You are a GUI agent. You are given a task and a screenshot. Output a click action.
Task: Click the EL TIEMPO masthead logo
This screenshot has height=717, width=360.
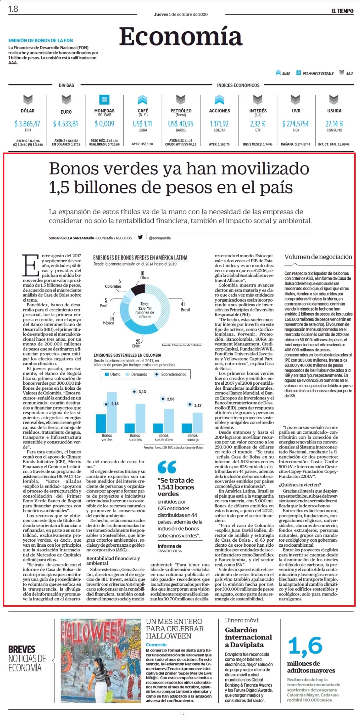pyautogui.click(x=342, y=11)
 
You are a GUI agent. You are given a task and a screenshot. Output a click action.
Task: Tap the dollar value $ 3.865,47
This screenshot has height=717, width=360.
pyautogui.click(x=27, y=124)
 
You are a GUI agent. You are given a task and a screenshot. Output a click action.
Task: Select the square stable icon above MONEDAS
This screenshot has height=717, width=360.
pyautogui.click(x=104, y=100)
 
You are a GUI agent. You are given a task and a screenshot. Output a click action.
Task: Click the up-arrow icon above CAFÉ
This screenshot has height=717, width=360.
pyautogui.click(x=143, y=100)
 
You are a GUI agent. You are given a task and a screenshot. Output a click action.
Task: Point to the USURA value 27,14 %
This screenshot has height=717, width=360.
pyautogui.click(x=334, y=124)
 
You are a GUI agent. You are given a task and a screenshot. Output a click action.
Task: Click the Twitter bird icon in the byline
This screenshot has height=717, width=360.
pyautogui.click(x=140, y=237)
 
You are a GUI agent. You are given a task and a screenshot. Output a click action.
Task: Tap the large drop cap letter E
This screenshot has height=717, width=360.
pyautogui.click(x=31, y=265)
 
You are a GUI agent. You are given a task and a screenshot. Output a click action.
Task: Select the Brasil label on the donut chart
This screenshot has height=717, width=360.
pyautogui.click(x=185, y=310)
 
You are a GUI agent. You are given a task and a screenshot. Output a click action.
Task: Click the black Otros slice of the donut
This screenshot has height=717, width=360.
pyautogui.click(x=137, y=290)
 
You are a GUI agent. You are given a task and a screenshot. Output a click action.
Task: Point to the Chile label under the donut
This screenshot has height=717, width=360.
pyautogui.click(x=136, y=346)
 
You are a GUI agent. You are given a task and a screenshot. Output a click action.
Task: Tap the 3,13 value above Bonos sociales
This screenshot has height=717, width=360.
pyautogui.click(x=142, y=392)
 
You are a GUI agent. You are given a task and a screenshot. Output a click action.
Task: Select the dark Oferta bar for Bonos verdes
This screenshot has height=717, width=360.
pyautogui.click(x=101, y=423)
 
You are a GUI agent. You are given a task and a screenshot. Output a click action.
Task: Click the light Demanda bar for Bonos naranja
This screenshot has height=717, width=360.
pyautogui.click(x=197, y=422)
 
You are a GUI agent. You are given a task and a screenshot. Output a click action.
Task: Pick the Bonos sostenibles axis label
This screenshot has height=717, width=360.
pyautogui.click(x=164, y=437)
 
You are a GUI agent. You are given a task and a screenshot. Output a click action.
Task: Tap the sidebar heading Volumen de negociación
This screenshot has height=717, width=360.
pyautogui.click(x=318, y=257)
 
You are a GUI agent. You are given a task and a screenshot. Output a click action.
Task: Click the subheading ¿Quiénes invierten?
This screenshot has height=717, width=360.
pyautogui.click(x=300, y=485)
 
